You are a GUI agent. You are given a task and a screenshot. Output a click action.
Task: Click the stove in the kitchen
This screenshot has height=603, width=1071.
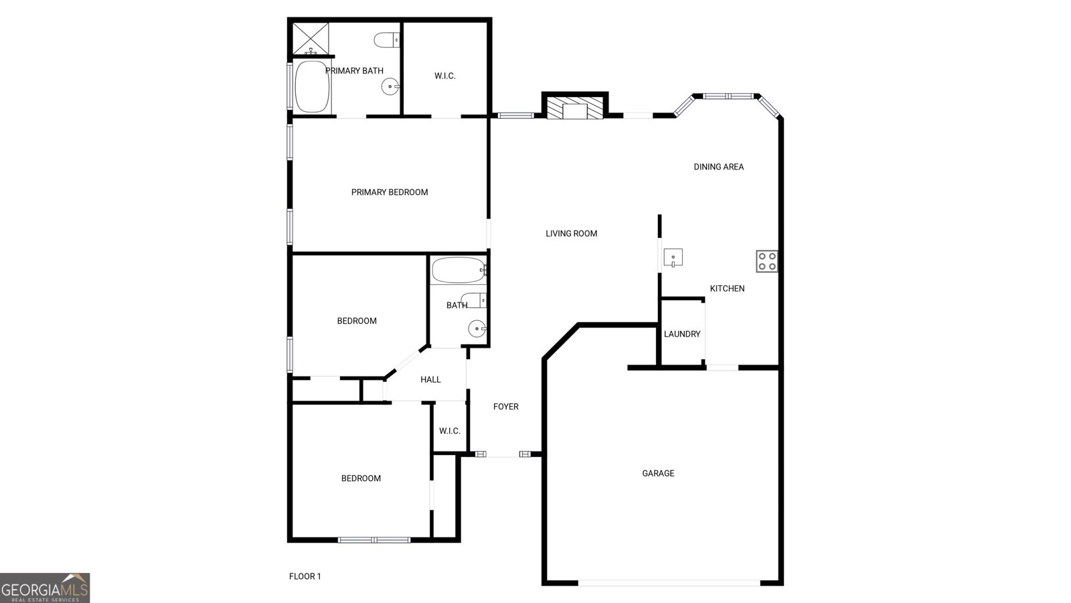pos(767,261)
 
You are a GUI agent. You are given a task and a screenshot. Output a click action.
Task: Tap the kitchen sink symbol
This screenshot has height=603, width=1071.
pos(673,257)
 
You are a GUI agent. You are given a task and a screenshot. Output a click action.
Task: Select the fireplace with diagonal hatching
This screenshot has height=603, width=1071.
pos(574,108)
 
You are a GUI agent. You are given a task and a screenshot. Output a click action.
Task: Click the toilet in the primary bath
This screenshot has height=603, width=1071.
pos(387,40)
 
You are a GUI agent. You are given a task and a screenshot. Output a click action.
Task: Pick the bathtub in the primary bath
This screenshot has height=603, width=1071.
pos(312,87)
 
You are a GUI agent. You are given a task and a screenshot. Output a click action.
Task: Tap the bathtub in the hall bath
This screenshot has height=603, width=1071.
pos(458,271)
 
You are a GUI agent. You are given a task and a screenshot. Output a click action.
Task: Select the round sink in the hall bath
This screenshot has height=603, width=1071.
pos(477,328)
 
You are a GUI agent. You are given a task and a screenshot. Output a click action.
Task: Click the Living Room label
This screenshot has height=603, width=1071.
pos(571,234)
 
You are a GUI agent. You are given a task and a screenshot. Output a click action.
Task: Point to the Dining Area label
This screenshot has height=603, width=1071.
pos(718,167)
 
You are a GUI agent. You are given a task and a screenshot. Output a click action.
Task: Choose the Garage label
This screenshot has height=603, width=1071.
pos(658,474)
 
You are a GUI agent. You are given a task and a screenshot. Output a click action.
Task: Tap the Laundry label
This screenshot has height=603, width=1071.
pos(682,334)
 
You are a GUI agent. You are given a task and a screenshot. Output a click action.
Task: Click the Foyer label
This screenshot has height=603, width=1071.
pos(505,407)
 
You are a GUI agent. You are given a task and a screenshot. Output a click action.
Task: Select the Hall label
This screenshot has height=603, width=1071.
pos(430,380)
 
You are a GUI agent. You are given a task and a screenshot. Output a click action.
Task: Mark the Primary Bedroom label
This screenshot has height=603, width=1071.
pos(390,192)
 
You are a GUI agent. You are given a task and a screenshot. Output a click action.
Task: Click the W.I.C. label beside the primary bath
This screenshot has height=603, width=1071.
pos(444,76)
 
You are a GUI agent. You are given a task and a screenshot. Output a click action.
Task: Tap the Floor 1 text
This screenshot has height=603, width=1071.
pos(305,576)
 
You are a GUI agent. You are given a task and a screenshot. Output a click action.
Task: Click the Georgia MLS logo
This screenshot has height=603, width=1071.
pos(45,588)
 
